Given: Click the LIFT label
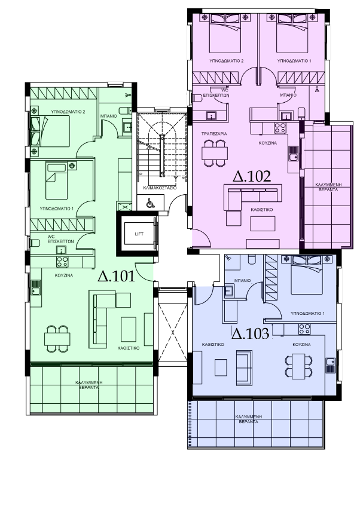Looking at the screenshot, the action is click(x=139, y=234).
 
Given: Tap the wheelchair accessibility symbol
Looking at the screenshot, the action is click(x=150, y=203).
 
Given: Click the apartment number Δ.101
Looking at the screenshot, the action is click(x=116, y=276).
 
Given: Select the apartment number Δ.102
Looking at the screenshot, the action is click(x=252, y=176).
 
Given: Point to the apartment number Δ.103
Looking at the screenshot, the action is click(x=251, y=333).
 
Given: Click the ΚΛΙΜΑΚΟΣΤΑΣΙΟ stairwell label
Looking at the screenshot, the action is click(x=160, y=188).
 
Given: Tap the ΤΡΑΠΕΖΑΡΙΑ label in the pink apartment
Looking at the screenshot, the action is click(x=214, y=134).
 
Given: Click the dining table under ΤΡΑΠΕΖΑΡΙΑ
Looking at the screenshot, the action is click(x=215, y=153).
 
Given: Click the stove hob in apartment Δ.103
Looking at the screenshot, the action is click(x=304, y=329).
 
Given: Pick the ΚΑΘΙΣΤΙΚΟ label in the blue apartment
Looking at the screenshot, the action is click(x=213, y=345).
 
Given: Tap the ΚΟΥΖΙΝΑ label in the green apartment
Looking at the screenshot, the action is click(x=64, y=275).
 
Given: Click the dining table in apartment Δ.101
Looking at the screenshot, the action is click(x=57, y=339).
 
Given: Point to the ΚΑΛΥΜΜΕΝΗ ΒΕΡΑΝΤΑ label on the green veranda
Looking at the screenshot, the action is click(x=89, y=385).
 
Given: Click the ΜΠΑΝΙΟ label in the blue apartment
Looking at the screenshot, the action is click(x=243, y=280).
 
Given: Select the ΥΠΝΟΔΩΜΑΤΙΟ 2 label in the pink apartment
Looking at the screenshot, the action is click(x=227, y=61).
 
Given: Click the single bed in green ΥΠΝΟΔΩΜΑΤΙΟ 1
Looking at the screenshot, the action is click(x=57, y=180).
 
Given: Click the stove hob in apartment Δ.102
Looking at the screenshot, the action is click(x=280, y=128).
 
